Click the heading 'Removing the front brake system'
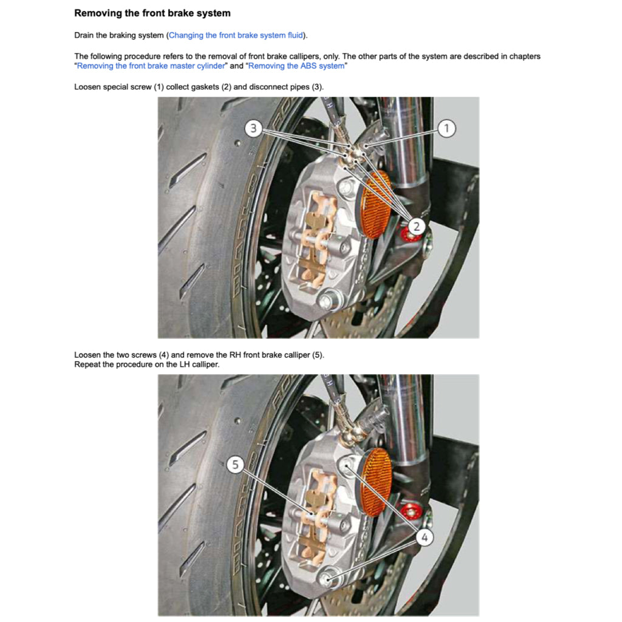click(152, 13)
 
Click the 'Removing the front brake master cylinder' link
click(151, 66)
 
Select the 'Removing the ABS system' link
click(296, 66)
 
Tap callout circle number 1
click(446, 128)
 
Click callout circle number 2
click(416, 227)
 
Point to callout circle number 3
click(255, 128)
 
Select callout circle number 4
click(425, 537)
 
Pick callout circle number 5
click(236, 465)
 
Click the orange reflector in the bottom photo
click(377, 482)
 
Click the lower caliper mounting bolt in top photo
click(329, 299)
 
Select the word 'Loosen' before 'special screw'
click(87, 87)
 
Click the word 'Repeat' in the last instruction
click(87, 364)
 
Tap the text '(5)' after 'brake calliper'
click(317, 355)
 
